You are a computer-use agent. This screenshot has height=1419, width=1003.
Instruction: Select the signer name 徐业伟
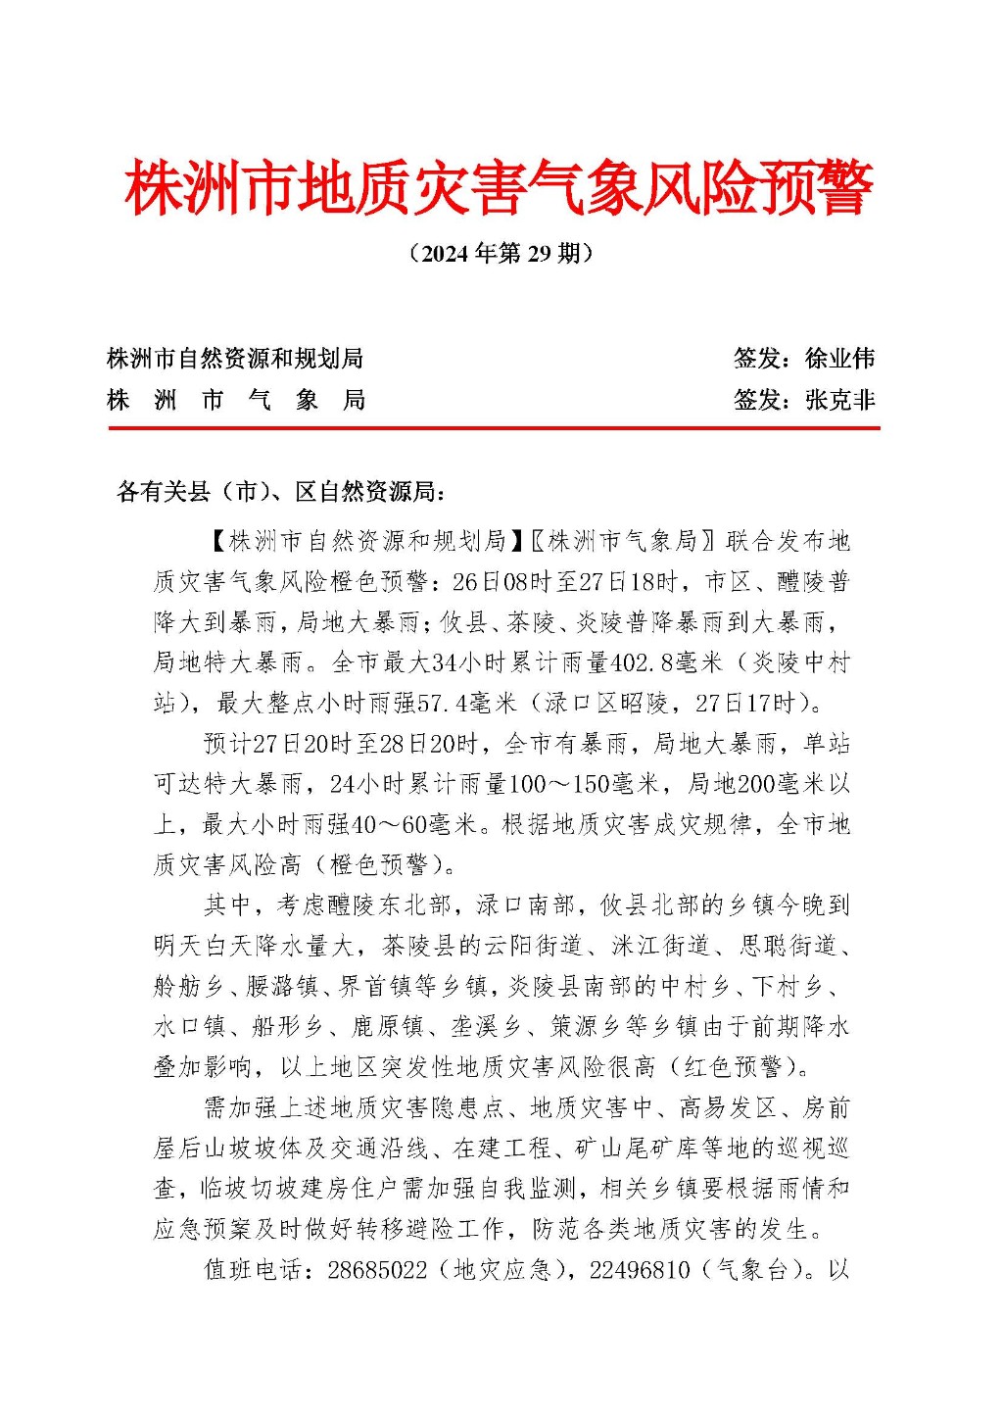click(839, 359)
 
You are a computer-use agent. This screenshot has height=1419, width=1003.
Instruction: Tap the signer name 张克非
click(839, 400)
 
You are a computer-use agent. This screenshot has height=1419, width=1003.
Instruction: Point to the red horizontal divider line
click(494, 428)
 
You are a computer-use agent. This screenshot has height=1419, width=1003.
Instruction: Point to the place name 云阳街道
click(535, 946)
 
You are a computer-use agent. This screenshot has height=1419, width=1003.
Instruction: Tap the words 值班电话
click(253, 1270)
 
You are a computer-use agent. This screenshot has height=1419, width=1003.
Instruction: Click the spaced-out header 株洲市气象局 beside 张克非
click(236, 400)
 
